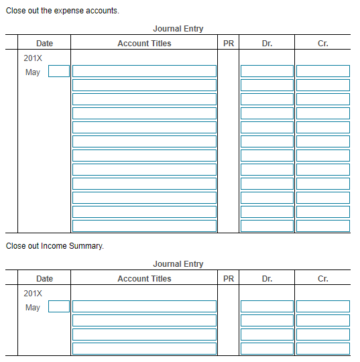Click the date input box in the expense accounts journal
point(59,71)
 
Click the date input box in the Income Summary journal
point(59,306)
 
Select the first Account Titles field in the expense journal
point(144,71)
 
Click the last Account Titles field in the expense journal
point(144,226)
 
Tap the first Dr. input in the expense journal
point(267,71)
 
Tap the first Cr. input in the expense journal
point(323,71)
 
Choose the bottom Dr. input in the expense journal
point(267,226)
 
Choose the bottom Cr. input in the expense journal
point(323,226)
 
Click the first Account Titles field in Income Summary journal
point(144,306)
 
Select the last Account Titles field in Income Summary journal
point(144,349)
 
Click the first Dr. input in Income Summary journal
point(267,306)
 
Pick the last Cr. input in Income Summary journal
point(323,349)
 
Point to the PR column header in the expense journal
point(228,44)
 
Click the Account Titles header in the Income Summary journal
point(144,279)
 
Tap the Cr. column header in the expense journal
point(323,44)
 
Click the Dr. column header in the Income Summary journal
point(267,279)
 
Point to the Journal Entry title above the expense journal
point(178,29)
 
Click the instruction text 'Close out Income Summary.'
point(55,246)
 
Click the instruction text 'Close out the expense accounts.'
point(62,11)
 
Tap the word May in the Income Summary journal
point(32,308)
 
